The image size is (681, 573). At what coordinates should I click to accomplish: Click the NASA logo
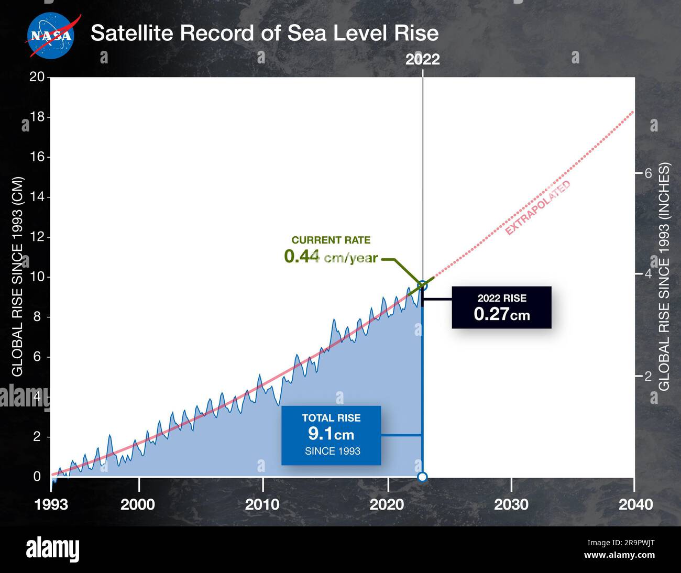point(50,35)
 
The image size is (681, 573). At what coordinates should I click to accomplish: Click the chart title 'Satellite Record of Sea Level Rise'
point(264,33)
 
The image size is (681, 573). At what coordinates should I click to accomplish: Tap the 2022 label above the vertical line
point(422,59)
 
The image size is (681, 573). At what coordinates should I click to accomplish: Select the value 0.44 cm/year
point(331,257)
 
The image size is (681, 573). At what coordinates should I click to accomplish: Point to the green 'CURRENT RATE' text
point(331,240)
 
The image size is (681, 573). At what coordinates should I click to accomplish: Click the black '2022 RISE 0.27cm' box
point(501,307)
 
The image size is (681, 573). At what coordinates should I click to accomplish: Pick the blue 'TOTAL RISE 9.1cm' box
point(331,435)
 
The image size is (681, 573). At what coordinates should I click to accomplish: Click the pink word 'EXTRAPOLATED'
point(537,208)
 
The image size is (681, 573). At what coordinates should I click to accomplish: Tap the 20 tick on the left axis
point(37,77)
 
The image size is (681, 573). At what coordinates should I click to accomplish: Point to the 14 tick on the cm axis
point(37,197)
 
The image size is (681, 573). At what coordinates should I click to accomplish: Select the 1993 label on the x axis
point(51,504)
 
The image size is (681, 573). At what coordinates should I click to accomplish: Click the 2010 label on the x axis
point(262,504)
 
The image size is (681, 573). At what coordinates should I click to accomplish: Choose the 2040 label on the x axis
point(635,504)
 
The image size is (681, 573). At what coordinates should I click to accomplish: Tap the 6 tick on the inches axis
point(647,173)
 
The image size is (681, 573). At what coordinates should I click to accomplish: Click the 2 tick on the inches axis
point(647,376)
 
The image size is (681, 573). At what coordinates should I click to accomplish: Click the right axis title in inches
point(664,276)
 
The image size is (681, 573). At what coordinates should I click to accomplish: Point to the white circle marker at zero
point(422,477)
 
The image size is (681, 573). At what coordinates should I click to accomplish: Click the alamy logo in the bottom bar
point(52,549)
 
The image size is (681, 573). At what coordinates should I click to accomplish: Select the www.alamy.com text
point(619,555)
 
